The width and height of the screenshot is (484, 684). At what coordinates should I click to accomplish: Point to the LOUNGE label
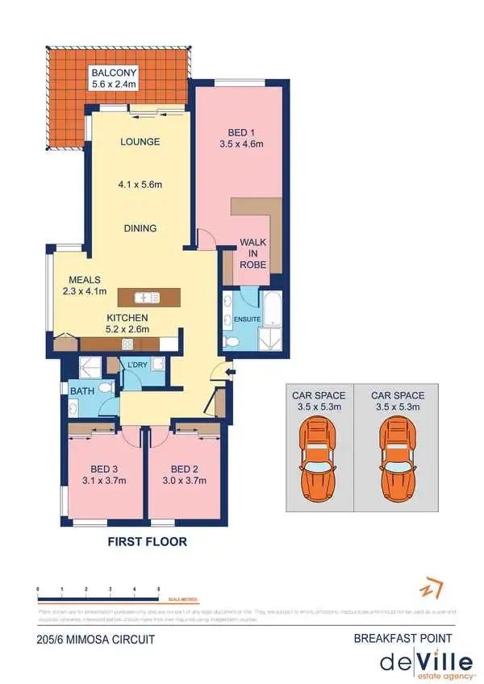(140, 142)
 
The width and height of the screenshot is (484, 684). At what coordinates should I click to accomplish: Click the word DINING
(140, 228)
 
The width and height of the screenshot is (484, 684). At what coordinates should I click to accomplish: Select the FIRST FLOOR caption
(148, 542)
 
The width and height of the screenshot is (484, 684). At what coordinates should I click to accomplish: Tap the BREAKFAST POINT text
(403, 638)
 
